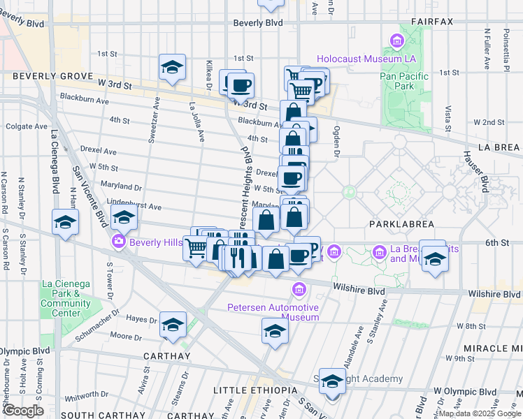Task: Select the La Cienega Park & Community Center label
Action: (66, 298)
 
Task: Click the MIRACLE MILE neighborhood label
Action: (490, 348)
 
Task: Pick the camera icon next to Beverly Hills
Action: (117, 242)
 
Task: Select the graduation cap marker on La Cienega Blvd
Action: (65, 223)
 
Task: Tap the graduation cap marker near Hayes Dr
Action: (173, 325)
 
